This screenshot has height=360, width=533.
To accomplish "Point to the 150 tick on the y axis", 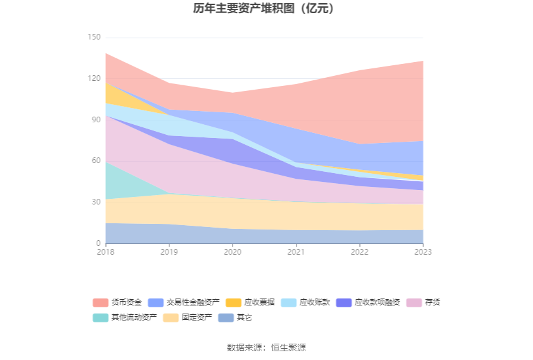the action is click(94, 37).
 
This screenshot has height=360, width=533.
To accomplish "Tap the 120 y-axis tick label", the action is click(94, 78).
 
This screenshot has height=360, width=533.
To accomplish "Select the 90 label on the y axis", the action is click(96, 120).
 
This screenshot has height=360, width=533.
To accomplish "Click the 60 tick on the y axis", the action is click(96, 161).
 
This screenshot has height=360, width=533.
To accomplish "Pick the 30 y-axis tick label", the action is click(96, 202).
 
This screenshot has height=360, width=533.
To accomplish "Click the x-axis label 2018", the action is click(106, 252).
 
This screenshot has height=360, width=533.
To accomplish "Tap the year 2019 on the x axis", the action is click(169, 252).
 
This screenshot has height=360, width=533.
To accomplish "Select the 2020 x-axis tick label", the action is click(233, 252).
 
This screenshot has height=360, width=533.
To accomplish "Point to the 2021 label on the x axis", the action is click(296, 252).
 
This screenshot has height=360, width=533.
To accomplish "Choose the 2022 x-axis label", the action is click(360, 252).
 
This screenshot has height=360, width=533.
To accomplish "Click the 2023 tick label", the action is click(423, 252).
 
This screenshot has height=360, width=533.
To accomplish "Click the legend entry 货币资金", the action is click(117, 302).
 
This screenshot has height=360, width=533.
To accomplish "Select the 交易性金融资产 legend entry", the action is click(184, 302).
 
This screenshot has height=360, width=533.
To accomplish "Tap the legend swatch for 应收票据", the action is click(233, 302).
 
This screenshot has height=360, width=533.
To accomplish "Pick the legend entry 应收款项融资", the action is click(368, 302).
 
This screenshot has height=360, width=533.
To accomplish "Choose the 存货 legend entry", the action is click(423, 302).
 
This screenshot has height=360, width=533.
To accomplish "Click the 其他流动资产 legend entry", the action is click(125, 317).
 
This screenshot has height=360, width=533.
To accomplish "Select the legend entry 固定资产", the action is click(187, 317).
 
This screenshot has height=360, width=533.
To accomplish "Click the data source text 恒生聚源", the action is click(288, 347).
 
